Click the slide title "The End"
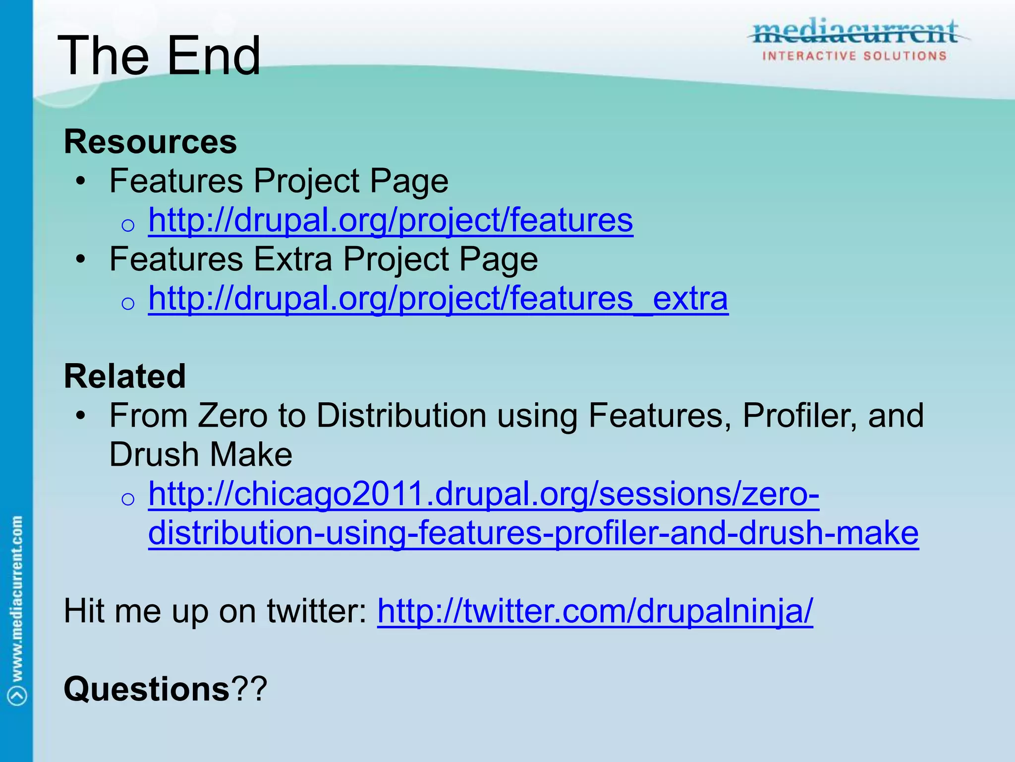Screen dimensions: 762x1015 tap(159, 56)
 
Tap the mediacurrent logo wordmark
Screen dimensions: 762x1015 tap(855, 32)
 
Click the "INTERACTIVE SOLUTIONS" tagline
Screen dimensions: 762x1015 tap(854, 56)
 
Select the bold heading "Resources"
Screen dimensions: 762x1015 tap(150, 142)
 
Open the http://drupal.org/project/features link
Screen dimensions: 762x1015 tap(391, 220)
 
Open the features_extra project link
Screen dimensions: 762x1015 tap(438, 298)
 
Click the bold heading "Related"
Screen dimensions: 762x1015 tap(125, 376)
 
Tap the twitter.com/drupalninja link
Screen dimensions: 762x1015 tap(595, 611)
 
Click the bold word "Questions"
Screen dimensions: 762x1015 tap(147, 689)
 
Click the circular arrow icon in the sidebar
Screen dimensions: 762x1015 tap(17, 695)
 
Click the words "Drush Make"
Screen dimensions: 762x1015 tap(201, 454)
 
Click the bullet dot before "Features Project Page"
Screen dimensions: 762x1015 tap(81, 181)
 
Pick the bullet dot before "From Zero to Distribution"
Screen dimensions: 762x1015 tap(81, 415)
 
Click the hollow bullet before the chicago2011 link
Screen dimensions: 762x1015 tap(128, 498)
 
